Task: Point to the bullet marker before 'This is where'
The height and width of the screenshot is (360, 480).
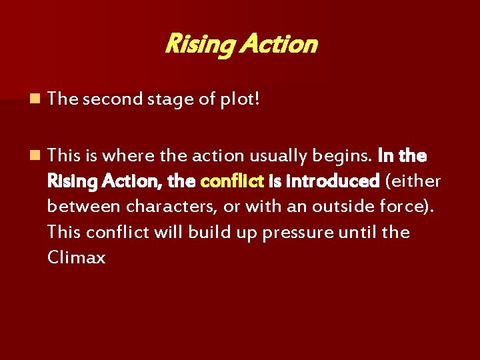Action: coord(34,156)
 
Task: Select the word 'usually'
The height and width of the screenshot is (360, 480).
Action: coord(273,156)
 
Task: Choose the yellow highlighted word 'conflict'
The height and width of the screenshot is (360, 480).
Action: coord(231,181)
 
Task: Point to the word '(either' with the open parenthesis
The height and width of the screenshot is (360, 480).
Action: coord(413,181)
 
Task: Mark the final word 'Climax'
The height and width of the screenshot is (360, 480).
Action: coord(77,258)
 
